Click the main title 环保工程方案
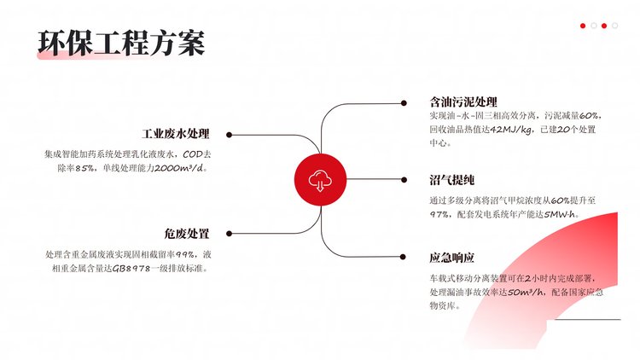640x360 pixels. [121, 43]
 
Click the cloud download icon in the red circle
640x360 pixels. [320, 180]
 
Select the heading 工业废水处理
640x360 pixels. [176, 134]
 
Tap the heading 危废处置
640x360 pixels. [187, 234]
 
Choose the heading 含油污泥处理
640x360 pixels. [463, 102]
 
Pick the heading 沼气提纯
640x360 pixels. [451, 180]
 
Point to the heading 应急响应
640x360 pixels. [451, 258]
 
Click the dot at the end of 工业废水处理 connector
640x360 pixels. [229, 135]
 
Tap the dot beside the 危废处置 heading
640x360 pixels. [229, 234]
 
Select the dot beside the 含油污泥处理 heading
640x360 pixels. [404, 103]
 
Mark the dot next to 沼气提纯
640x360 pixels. [404, 180]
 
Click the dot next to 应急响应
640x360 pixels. [403, 257]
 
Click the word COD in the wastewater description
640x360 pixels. [192, 154]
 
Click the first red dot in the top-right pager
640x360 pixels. [583, 26]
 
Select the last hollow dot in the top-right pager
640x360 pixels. [614, 26]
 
